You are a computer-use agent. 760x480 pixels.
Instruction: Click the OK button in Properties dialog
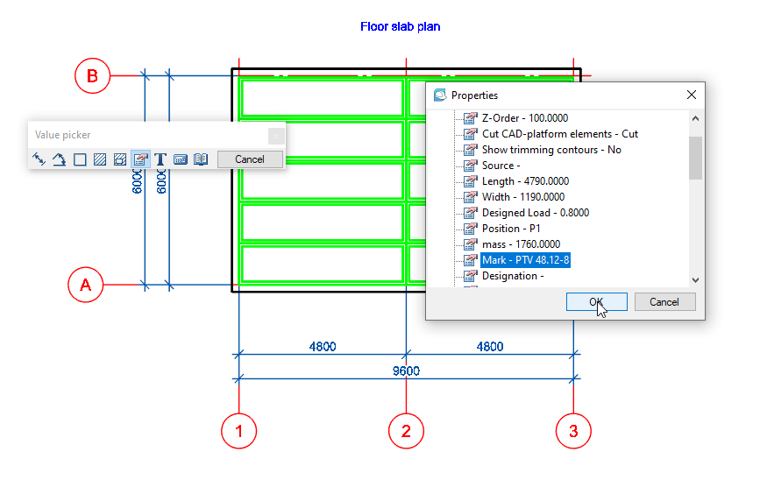596,301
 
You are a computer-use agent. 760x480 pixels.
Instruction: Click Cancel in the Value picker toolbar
250,159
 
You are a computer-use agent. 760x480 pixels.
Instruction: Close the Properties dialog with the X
692,95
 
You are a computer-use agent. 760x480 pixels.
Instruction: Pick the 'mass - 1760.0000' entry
521,244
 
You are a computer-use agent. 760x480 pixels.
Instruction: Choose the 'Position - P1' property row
511,229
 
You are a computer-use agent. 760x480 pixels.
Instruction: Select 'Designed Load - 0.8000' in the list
535,213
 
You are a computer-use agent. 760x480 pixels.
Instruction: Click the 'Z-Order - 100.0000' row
525,118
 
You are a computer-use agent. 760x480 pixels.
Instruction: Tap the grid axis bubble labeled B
92,75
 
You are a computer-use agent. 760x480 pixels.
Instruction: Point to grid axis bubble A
85,285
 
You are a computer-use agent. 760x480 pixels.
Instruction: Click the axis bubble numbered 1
238,430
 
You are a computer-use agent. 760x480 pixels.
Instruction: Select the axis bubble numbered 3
573,430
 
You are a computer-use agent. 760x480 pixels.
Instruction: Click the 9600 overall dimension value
406,371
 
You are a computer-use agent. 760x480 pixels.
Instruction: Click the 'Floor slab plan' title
400,26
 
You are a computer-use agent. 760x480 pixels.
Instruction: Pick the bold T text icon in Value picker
160,159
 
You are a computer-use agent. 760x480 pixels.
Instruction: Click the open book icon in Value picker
201,159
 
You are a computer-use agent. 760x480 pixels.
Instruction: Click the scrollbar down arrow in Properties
695,279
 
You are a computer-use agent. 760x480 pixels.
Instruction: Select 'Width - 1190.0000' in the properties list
522,197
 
